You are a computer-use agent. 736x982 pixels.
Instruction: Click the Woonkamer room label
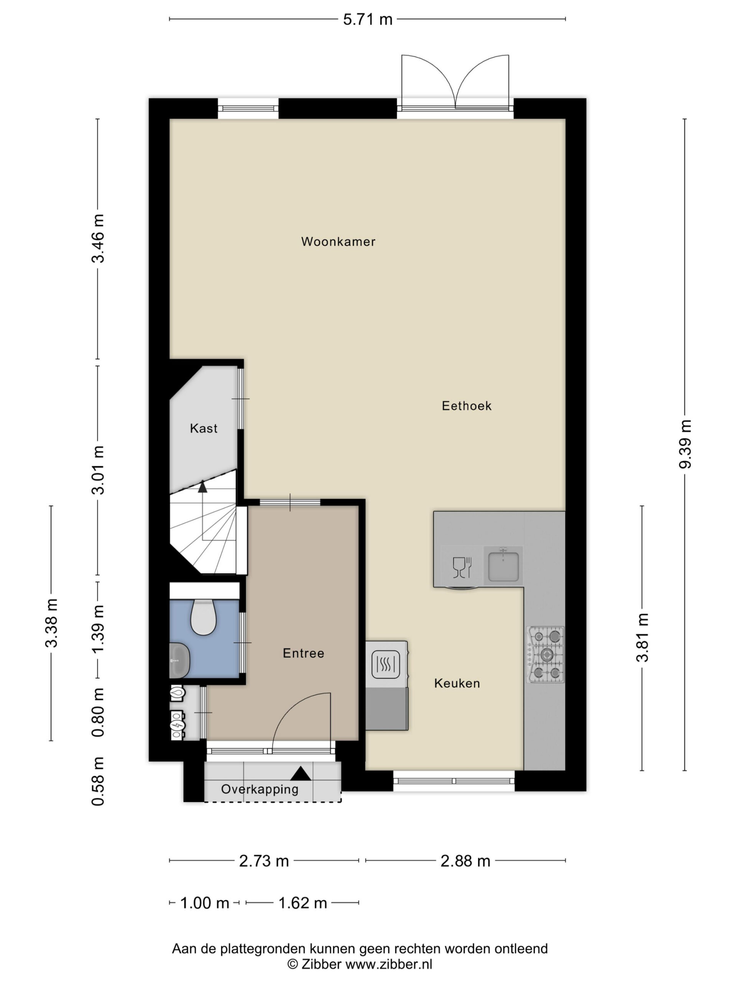[x=338, y=242]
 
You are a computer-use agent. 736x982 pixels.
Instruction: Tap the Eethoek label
[x=466, y=406]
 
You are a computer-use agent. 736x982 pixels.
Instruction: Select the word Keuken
[x=457, y=683]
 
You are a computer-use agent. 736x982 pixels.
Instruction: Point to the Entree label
[x=304, y=653]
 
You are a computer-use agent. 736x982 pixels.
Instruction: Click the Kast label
[x=204, y=428]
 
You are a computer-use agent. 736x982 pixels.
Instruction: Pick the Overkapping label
[x=260, y=789]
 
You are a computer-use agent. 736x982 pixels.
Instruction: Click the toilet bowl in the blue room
[x=203, y=618]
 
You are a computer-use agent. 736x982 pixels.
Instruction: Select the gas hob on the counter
[x=545, y=654]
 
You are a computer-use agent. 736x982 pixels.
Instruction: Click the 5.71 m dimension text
[x=368, y=20]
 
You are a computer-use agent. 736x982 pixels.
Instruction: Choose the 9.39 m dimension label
[x=685, y=444]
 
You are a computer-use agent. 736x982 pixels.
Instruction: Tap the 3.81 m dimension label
[x=642, y=638]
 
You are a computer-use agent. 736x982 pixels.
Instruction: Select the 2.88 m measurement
[x=465, y=861]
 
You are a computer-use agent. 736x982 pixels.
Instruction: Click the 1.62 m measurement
[x=302, y=903]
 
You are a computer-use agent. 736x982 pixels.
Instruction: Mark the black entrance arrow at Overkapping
[x=301, y=773]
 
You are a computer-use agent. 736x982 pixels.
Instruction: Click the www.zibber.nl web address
[x=389, y=964]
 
